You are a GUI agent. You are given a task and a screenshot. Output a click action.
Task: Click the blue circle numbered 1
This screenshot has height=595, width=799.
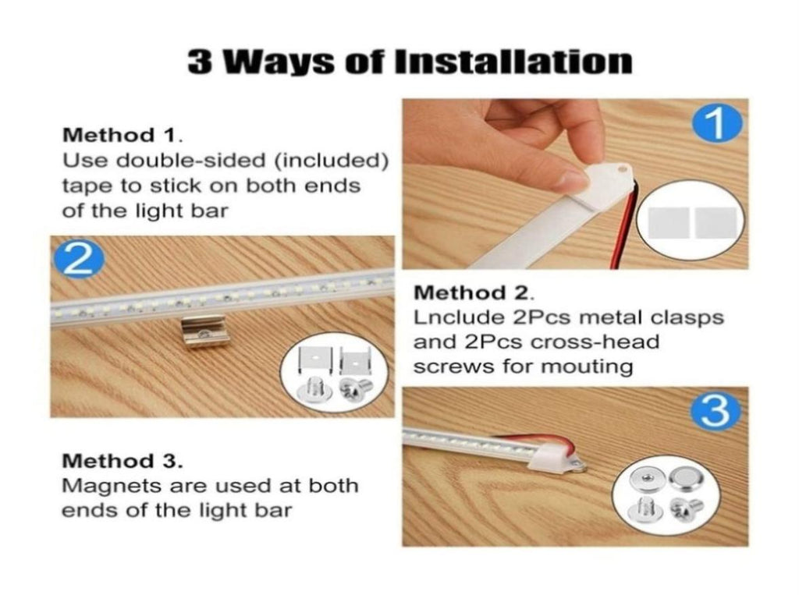(717, 123)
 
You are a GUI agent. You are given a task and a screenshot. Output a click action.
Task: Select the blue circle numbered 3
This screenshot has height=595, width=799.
(716, 412)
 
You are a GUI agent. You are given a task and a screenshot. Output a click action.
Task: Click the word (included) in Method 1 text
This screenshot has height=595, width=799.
(331, 161)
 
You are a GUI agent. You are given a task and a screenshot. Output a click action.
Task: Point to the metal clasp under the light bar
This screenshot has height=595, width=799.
(205, 331)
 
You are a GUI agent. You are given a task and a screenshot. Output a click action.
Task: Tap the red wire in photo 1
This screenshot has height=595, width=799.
(623, 224)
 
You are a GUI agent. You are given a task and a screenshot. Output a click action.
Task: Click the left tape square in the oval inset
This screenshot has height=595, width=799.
(668, 222)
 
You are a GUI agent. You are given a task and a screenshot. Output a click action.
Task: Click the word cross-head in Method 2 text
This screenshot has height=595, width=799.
(595, 342)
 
